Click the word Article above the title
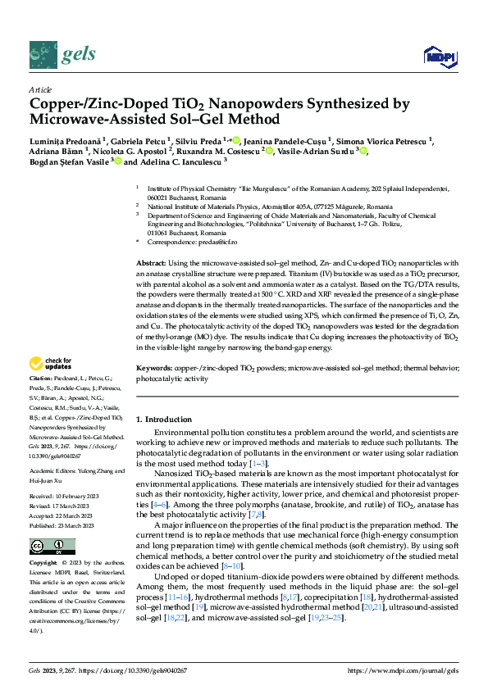(40, 89)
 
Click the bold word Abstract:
(152, 261)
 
